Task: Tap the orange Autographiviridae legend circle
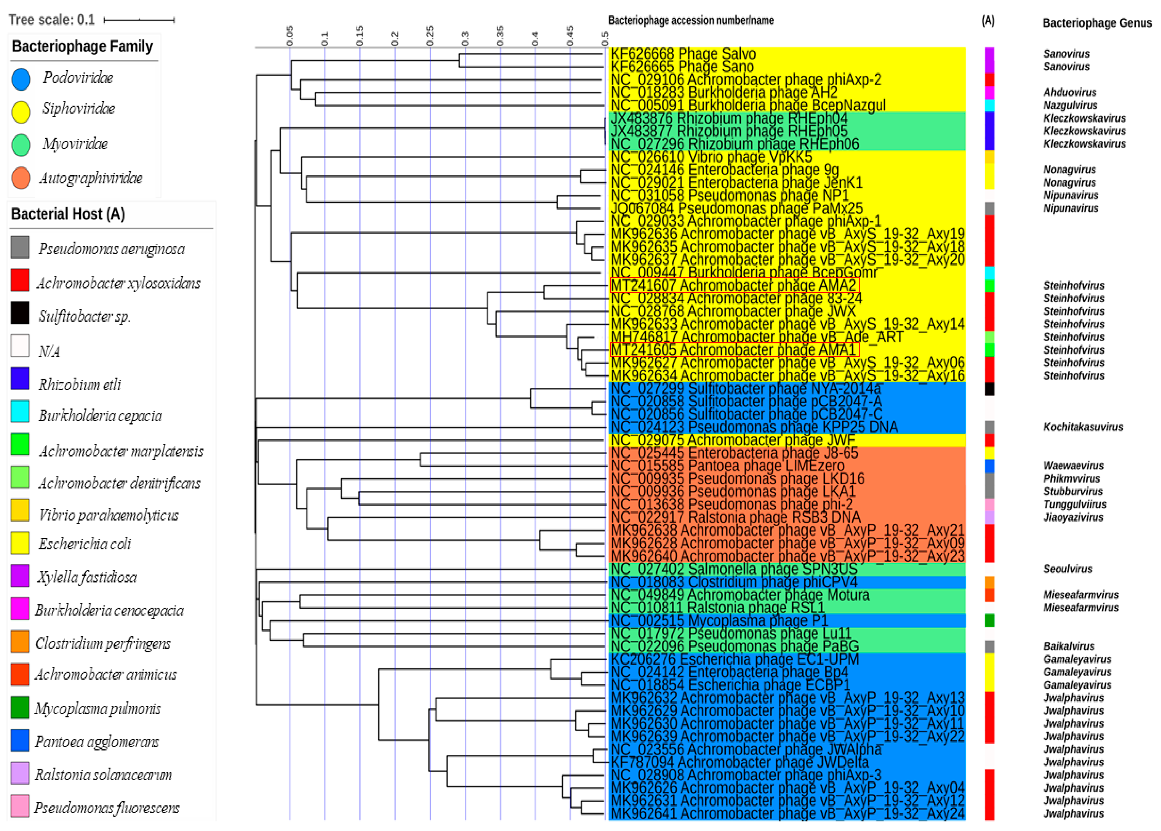click(21, 178)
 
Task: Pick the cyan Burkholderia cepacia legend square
click(20, 412)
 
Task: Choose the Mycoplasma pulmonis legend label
click(97, 709)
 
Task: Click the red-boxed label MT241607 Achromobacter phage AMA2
click(734, 285)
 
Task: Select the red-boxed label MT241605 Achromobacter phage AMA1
click(734, 350)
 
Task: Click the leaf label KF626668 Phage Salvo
click(683, 54)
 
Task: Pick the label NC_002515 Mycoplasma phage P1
click(718, 621)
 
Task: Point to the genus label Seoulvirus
click(1067, 569)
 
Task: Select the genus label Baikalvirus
click(1068, 646)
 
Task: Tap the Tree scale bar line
click(139, 20)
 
